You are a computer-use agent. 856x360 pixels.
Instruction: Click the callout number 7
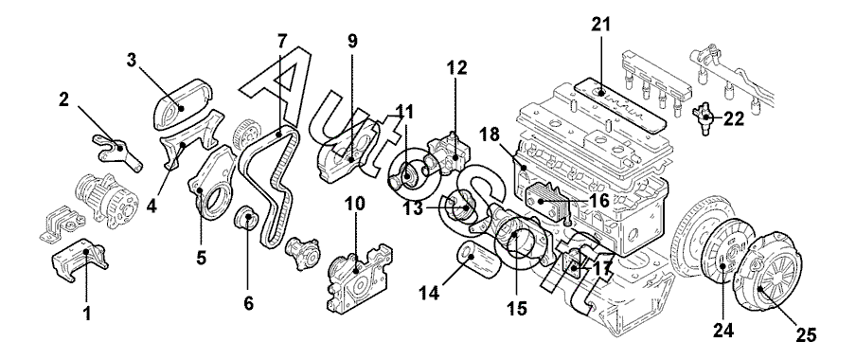pos(281,41)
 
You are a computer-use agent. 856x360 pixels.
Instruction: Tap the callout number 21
pos(601,24)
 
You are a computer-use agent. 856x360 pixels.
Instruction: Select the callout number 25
pos(805,334)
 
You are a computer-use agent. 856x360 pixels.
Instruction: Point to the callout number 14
pos(430,293)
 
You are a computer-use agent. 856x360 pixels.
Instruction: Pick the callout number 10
pos(355,204)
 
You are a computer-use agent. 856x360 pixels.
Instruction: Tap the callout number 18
pos(490,135)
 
